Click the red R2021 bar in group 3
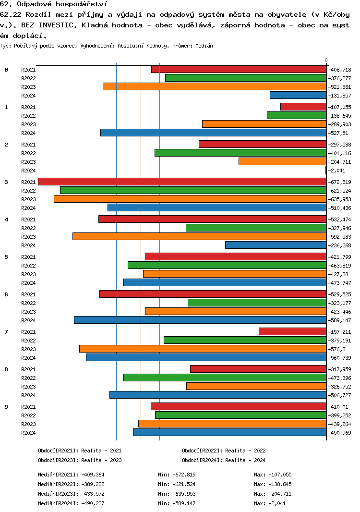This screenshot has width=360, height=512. (x=182, y=182)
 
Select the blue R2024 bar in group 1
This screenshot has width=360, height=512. (x=213, y=133)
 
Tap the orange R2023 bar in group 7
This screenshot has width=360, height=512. (x=203, y=349)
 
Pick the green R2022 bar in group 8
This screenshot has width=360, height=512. (x=225, y=378)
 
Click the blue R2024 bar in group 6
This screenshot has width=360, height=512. (x=200, y=320)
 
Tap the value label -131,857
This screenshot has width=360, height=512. (x=340, y=96)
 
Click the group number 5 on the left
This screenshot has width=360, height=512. (x=6, y=257)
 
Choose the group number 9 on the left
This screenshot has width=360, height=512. (x=6, y=407)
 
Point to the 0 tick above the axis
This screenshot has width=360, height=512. (x=326, y=60)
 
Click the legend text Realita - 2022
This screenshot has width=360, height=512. (x=245, y=451)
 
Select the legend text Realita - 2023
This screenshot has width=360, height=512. (x=101, y=460)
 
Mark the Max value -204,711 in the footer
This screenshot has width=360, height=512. (x=279, y=494)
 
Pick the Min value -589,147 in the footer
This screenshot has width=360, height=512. (x=183, y=503)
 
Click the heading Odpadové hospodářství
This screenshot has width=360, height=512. (x=56, y=4)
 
